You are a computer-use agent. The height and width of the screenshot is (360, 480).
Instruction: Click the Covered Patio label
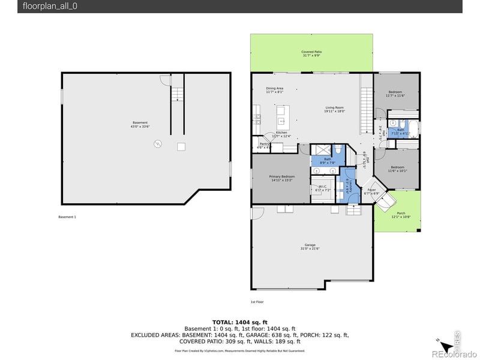[x=311, y=52]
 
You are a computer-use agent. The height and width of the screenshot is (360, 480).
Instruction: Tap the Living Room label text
[x=334, y=107]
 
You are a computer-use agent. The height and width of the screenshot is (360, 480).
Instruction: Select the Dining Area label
[x=275, y=88]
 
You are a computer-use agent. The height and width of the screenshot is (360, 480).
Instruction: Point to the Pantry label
[x=263, y=143]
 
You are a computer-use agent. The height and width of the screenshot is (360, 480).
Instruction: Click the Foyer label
[x=371, y=190]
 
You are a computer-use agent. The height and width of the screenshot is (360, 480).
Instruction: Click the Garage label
[x=310, y=245]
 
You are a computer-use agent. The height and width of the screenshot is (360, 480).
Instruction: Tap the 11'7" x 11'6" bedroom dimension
[x=396, y=95]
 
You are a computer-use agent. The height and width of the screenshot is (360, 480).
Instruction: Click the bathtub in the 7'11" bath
[x=416, y=128]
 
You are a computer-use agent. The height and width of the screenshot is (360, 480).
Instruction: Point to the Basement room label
[x=139, y=123]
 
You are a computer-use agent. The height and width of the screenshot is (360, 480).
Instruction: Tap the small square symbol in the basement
[x=181, y=146]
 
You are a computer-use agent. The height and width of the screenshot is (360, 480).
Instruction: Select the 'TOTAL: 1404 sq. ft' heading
[x=239, y=322]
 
